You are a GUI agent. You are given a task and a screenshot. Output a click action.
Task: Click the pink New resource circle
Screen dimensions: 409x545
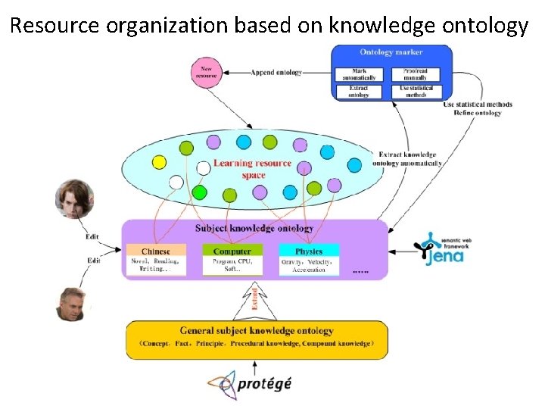point(206,72)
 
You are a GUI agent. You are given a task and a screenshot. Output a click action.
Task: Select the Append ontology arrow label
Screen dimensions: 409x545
point(278,73)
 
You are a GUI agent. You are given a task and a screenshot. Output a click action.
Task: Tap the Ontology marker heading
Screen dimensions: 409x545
point(391,52)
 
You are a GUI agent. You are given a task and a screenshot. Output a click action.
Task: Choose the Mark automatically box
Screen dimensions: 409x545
point(359,74)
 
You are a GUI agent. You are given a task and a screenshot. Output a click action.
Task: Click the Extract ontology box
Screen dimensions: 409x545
point(359,92)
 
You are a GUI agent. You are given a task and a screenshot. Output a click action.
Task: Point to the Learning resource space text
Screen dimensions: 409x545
point(253,169)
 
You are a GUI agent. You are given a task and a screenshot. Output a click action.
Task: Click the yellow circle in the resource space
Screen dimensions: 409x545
point(159,161)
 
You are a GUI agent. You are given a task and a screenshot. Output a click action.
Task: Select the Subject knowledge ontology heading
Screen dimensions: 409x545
point(254,228)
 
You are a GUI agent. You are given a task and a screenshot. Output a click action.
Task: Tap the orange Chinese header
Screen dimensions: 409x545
point(156,251)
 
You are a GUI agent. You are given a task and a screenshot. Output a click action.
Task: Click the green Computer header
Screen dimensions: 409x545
point(232,251)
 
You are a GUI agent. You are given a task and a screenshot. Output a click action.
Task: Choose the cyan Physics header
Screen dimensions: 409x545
point(309,251)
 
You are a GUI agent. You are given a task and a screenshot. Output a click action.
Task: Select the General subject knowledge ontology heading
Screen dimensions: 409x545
point(257,331)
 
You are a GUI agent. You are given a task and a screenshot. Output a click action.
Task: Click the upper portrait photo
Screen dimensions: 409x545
point(74,198)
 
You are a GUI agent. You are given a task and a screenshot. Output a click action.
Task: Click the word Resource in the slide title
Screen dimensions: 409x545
point(55,27)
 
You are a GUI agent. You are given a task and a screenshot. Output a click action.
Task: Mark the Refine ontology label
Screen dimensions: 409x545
point(477,113)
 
